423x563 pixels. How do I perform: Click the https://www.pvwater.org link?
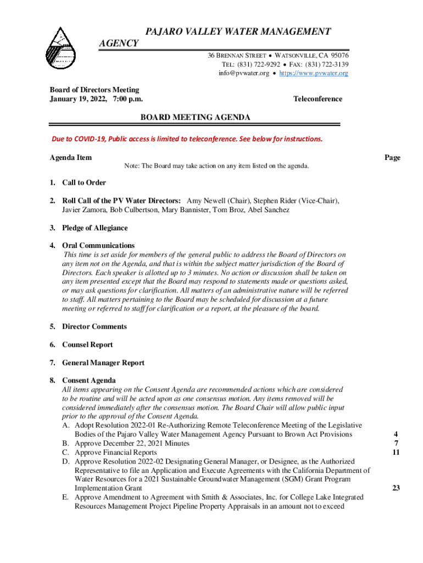point(314,73)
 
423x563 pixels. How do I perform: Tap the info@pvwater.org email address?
point(243,73)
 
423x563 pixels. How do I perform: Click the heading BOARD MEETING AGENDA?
point(196,118)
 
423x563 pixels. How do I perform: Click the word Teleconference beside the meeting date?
point(318,99)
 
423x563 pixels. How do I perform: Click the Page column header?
point(392,158)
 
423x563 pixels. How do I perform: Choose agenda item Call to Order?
point(84,183)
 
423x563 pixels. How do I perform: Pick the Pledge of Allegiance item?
point(94,228)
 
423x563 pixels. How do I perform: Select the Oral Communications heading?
point(98,245)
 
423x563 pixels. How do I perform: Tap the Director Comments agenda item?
point(94,327)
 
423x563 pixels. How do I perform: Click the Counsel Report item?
point(87,345)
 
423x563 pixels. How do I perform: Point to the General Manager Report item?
point(103,363)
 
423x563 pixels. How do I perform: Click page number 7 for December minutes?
point(396,443)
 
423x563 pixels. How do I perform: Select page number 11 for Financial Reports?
point(396,452)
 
